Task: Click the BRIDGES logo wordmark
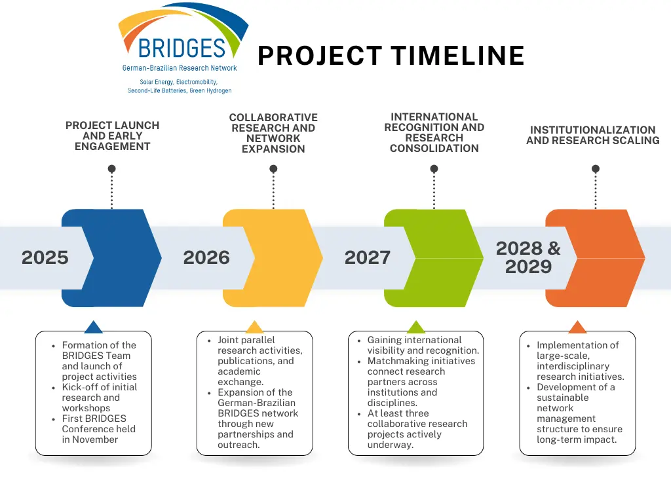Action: pyautogui.click(x=182, y=48)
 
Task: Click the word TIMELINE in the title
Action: pyautogui.click(x=458, y=56)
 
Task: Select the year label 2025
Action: pyautogui.click(x=45, y=257)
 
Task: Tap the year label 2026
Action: pyautogui.click(x=206, y=257)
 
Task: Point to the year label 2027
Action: pyautogui.click(x=368, y=257)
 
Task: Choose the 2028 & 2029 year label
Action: pyautogui.click(x=528, y=257)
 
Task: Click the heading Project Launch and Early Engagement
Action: pyautogui.click(x=113, y=136)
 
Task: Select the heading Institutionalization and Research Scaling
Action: pyautogui.click(x=592, y=135)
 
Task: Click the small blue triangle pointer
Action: pyautogui.click(x=93, y=327)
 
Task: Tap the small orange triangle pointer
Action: pyautogui.click(x=577, y=327)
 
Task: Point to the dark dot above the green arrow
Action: pyautogui.click(x=434, y=169)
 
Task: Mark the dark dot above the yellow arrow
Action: pyautogui.click(x=273, y=169)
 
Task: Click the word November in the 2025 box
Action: pyautogui.click(x=95, y=439)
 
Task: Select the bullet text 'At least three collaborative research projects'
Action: pyautogui.click(x=417, y=424)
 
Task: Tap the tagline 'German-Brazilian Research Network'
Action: pyautogui.click(x=180, y=68)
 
